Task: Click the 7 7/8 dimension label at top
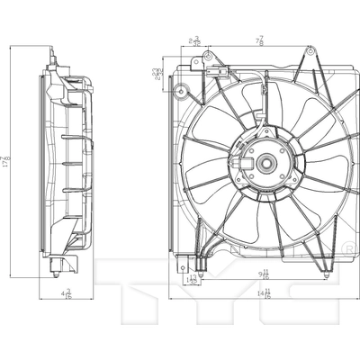[x=258, y=40]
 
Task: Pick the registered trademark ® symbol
[x=348, y=245]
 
